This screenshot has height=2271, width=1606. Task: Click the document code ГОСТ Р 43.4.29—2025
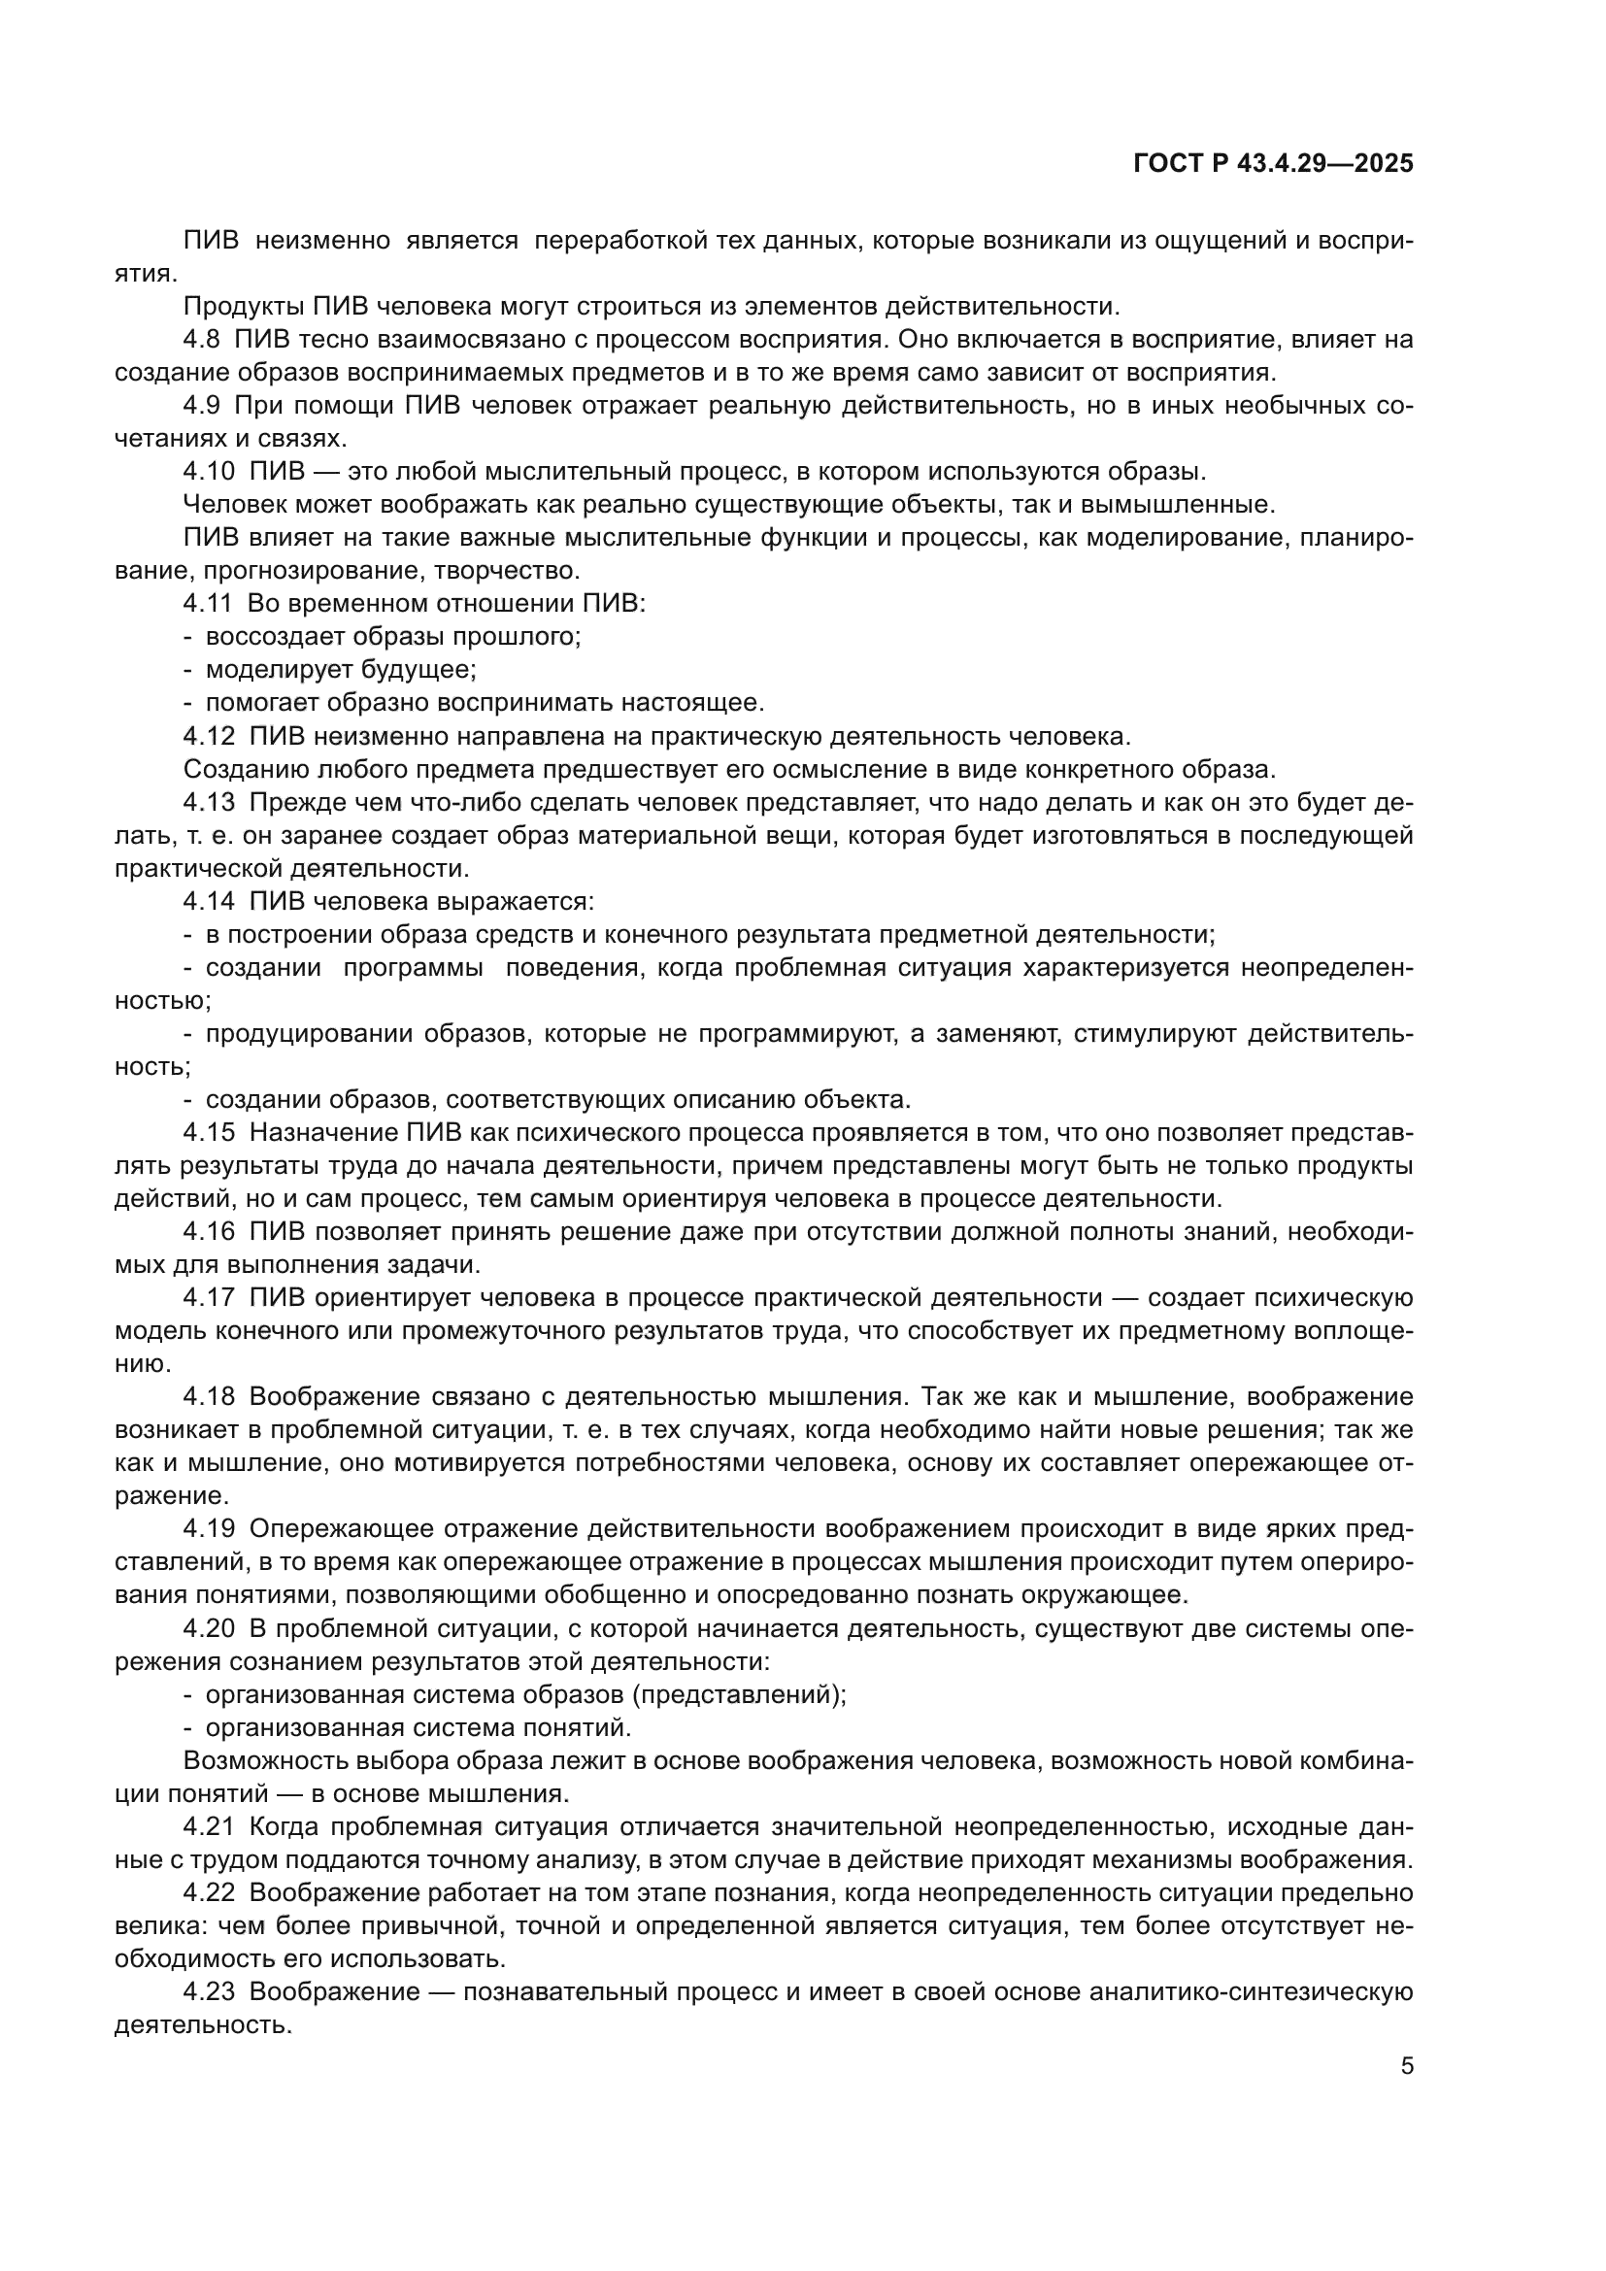click(1273, 164)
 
